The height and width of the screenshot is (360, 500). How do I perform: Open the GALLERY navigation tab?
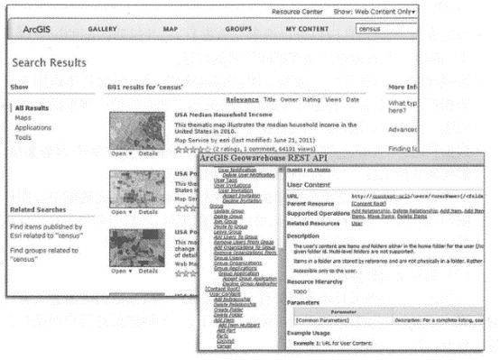(104, 31)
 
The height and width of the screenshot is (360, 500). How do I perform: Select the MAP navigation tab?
(170, 31)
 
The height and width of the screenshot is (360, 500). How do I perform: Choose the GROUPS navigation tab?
(237, 31)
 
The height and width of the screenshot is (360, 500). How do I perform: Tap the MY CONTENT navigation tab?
(306, 31)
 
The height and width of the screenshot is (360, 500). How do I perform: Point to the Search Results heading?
(49, 65)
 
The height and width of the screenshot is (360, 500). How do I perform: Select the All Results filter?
(32, 108)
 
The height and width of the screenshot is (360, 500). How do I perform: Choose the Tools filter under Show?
(23, 138)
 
